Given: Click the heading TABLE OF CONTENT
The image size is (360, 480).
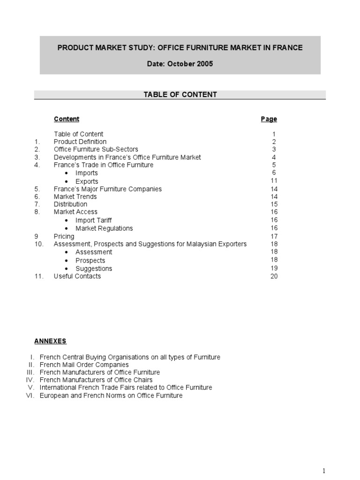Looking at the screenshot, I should (180, 95).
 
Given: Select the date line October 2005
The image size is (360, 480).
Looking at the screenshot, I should (180, 64).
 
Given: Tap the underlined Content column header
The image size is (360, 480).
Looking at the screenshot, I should (67, 119).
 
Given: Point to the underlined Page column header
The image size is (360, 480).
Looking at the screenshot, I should (269, 119).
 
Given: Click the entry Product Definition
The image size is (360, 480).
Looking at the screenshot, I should (80, 142).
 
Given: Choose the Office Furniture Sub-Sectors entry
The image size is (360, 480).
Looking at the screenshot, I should (96, 150).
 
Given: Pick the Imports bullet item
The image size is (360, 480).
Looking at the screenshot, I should (87, 173).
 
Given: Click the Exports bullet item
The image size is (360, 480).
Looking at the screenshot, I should (87, 181).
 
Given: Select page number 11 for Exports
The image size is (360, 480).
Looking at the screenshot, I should (274, 180).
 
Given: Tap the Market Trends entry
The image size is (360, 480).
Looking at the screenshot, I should (75, 197).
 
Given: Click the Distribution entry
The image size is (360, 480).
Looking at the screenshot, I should (70, 204).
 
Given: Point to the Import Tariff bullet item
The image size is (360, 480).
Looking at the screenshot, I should (94, 220).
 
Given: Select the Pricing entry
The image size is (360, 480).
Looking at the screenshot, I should (64, 237).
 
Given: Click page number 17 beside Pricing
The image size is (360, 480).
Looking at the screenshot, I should (274, 236).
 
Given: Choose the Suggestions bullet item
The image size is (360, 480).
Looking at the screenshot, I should (94, 269).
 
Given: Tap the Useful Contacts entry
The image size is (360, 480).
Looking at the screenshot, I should (77, 276).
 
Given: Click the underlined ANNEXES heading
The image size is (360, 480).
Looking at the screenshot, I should (50, 341).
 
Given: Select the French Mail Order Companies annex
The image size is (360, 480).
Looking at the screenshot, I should (84, 365).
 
